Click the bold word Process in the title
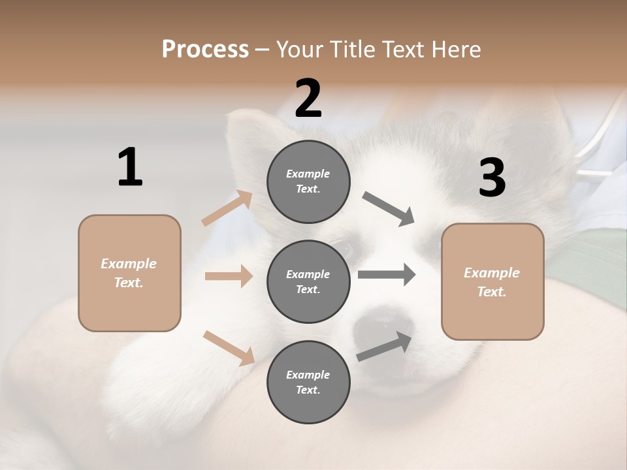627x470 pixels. click(x=205, y=49)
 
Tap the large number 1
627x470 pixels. click(x=130, y=167)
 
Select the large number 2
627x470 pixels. click(x=308, y=99)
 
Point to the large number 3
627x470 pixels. click(x=492, y=178)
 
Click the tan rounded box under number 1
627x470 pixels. click(x=129, y=273)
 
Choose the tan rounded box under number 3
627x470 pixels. click(x=492, y=281)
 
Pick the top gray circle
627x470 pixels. click(x=308, y=181)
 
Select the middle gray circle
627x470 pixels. click(x=308, y=281)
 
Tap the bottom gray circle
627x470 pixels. click(x=308, y=382)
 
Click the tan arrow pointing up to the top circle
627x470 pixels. click(x=227, y=208)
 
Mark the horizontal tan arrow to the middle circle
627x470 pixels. click(x=229, y=276)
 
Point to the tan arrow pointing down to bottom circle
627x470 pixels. click(x=229, y=348)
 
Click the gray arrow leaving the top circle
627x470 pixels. click(x=389, y=209)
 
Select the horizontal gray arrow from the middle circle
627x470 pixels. click(x=387, y=275)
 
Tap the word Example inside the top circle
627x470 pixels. click(x=308, y=174)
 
